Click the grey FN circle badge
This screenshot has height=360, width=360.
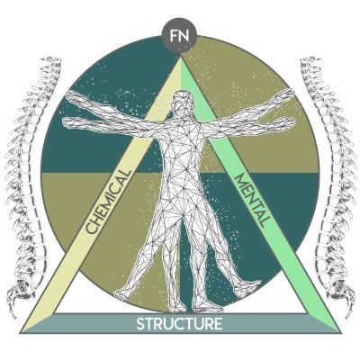pyautogui.click(x=180, y=36)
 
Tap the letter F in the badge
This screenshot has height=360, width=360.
pyautogui.click(x=174, y=36)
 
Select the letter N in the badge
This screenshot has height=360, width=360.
pyautogui.click(x=184, y=36)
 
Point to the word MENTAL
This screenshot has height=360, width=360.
pyautogui.click(x=250, y=201)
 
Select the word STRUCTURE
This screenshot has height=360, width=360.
pyautogui.click(x=179, y=324)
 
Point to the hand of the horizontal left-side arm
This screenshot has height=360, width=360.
pyautogui.click(x=70, y=122)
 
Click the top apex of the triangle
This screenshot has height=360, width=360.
pyautogui.click(x=180, y=57)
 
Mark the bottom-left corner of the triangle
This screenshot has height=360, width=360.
pyautogui.click(x=21, y=332)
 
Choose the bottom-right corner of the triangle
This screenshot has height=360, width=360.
pyautogui.click(x=340, y=332)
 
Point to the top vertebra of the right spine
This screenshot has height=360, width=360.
pyautogui.click(x=309, y=60)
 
